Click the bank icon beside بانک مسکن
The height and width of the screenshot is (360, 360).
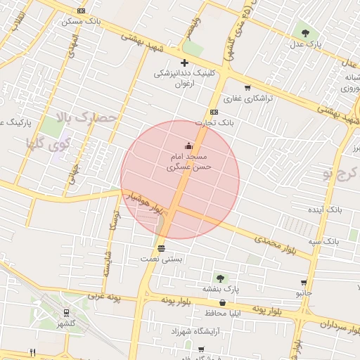click(82, 11)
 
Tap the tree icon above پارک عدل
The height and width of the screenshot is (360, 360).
click(304, 32)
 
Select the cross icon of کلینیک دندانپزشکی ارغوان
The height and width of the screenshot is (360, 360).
click(184, 63)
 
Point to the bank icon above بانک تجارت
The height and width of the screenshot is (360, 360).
click(214, 112)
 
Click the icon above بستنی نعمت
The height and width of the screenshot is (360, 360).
click(162, 248)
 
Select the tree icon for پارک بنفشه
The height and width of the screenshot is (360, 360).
click(220, 278)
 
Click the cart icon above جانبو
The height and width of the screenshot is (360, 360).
click(304, 283)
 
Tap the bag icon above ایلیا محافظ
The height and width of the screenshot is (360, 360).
click(223, 302)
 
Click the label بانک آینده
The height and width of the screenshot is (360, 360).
click(326, 210)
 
